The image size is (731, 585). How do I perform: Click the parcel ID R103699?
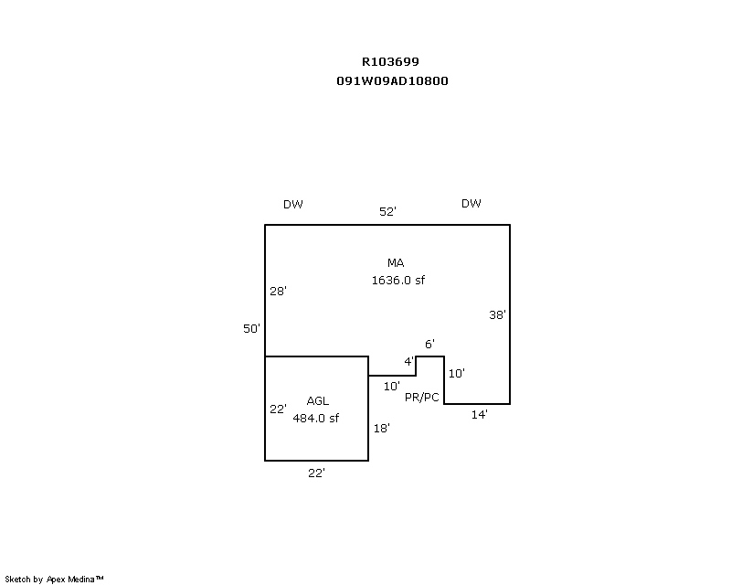coord(390,62)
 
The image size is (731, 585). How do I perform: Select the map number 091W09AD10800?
coord(392,80)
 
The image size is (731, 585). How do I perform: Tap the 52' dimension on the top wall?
coord(387,211)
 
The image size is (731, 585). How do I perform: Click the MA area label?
coord(396,263)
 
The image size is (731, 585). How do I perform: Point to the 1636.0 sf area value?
coord(397,281)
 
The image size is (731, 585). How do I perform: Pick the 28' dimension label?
coord(279,292)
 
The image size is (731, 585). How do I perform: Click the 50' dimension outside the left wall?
coord(252,328)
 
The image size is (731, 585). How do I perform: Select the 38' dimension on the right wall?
coord(497,314)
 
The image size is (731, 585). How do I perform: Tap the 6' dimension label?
coord(429,344)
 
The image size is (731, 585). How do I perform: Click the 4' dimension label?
coord(408,361)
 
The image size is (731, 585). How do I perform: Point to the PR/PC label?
coord(422,398)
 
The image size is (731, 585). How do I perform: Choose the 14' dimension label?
coord(479,415)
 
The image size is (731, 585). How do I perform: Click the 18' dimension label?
coord(382,427)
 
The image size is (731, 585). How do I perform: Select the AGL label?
coord(318,400)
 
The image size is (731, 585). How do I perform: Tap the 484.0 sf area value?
coord(316,418)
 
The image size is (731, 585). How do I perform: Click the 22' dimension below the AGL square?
coord(316,473)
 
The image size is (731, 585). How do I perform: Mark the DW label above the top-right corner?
coord(471,203)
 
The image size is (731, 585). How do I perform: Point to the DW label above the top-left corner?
coord(292,204)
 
